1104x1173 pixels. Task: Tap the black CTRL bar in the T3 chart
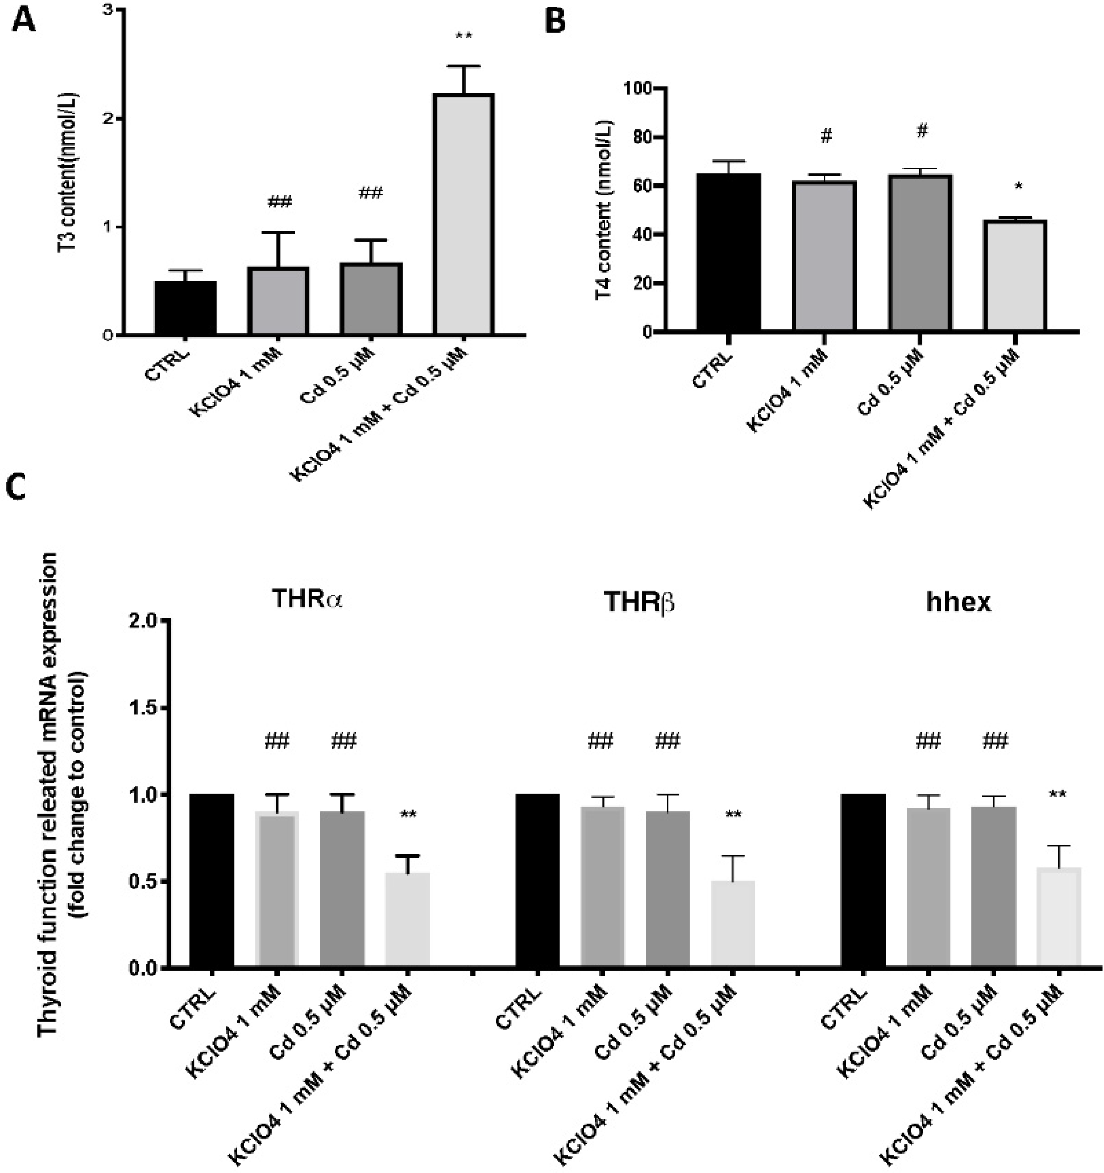(x=185, y=307)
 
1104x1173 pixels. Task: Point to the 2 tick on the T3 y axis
(x=109, y=119)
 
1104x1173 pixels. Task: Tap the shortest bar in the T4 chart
(x=1016, y=275)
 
